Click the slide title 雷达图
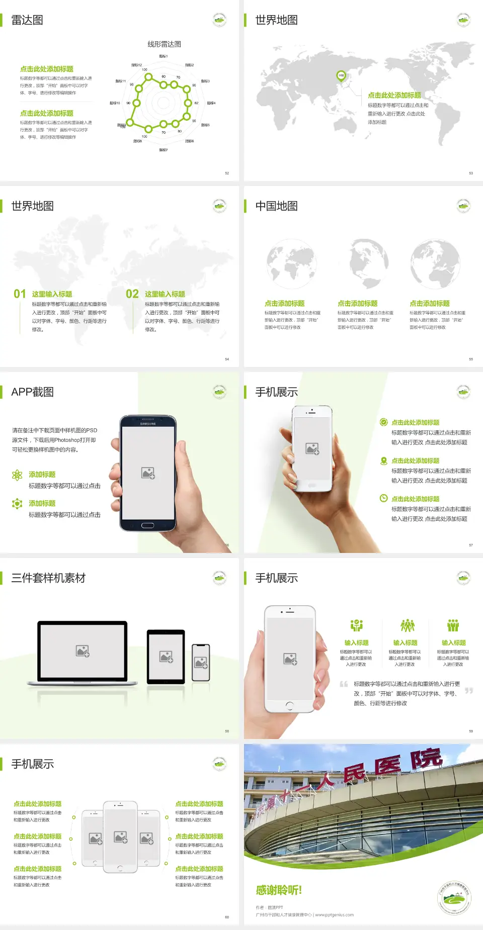tap(27, 20)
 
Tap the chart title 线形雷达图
tap(164, 44)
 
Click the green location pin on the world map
tap(341, 76)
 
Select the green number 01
tap(20, 294)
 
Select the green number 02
tap(132, 294)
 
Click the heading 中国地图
tap(276, 206)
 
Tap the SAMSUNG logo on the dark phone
tap(148, 424)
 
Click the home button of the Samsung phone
tap(147, 525)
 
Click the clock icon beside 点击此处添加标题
tap(383, 498)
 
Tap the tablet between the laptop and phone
tap(166, 657)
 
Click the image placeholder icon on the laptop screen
tap(83, 651)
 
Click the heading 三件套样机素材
tap(48, 578)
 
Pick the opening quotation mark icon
tap(344, 684)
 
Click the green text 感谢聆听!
tap(279, 890)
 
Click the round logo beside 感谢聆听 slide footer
tap(454, 898)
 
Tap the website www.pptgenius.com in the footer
tap(334, 915)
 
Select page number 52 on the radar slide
tap(227, 173)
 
